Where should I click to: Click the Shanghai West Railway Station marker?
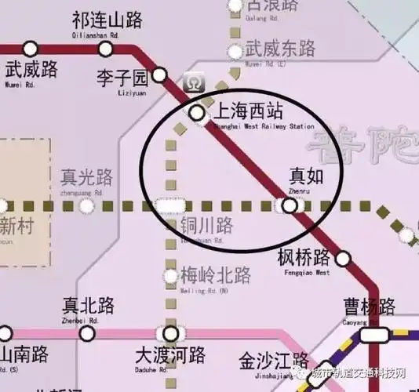pyautogui.click(x=197, y=113)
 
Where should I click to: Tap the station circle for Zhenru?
pyautogui.click(x=290, y=205)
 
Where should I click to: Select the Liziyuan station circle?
pyautogui.click(x=160, y=75)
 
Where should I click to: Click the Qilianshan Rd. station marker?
pyautogui.click(x=105, y=49)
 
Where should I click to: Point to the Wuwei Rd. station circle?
pyautogui.click(x=31, y=49)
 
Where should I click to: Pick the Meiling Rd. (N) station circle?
pyautogui.click(x=170, y=275)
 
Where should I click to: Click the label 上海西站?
pyautogui.click(x=249, y=111)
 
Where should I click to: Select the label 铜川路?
pyautogui.click(x=207, y=227)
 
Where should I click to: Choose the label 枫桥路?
pyautogui.click(x=304, y=257)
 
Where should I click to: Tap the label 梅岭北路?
pyautogui.click(x=216, y=275)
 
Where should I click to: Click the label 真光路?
pyautogui.click(x=87, y=177)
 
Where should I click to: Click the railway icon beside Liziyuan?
pyautogui.click(x=192, y=82)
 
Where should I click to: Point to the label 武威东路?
pyautogui.click(x=280, y=49)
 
